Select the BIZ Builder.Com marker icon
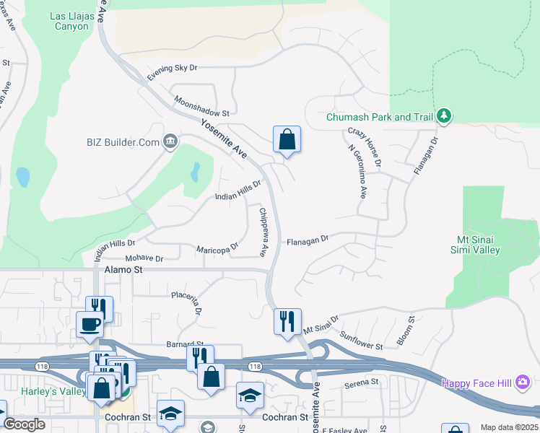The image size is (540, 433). pos(170,140)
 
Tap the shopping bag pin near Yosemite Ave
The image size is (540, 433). pos(287,139)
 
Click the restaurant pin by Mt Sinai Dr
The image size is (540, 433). pos(287,320)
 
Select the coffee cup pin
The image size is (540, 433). pos(90,324)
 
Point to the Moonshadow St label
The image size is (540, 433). pos(201,108)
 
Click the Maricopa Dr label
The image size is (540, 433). pos(217,249)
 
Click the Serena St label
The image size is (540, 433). pos(362,381)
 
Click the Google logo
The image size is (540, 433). pos(25,424)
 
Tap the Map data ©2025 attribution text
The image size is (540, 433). pos(508,428)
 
